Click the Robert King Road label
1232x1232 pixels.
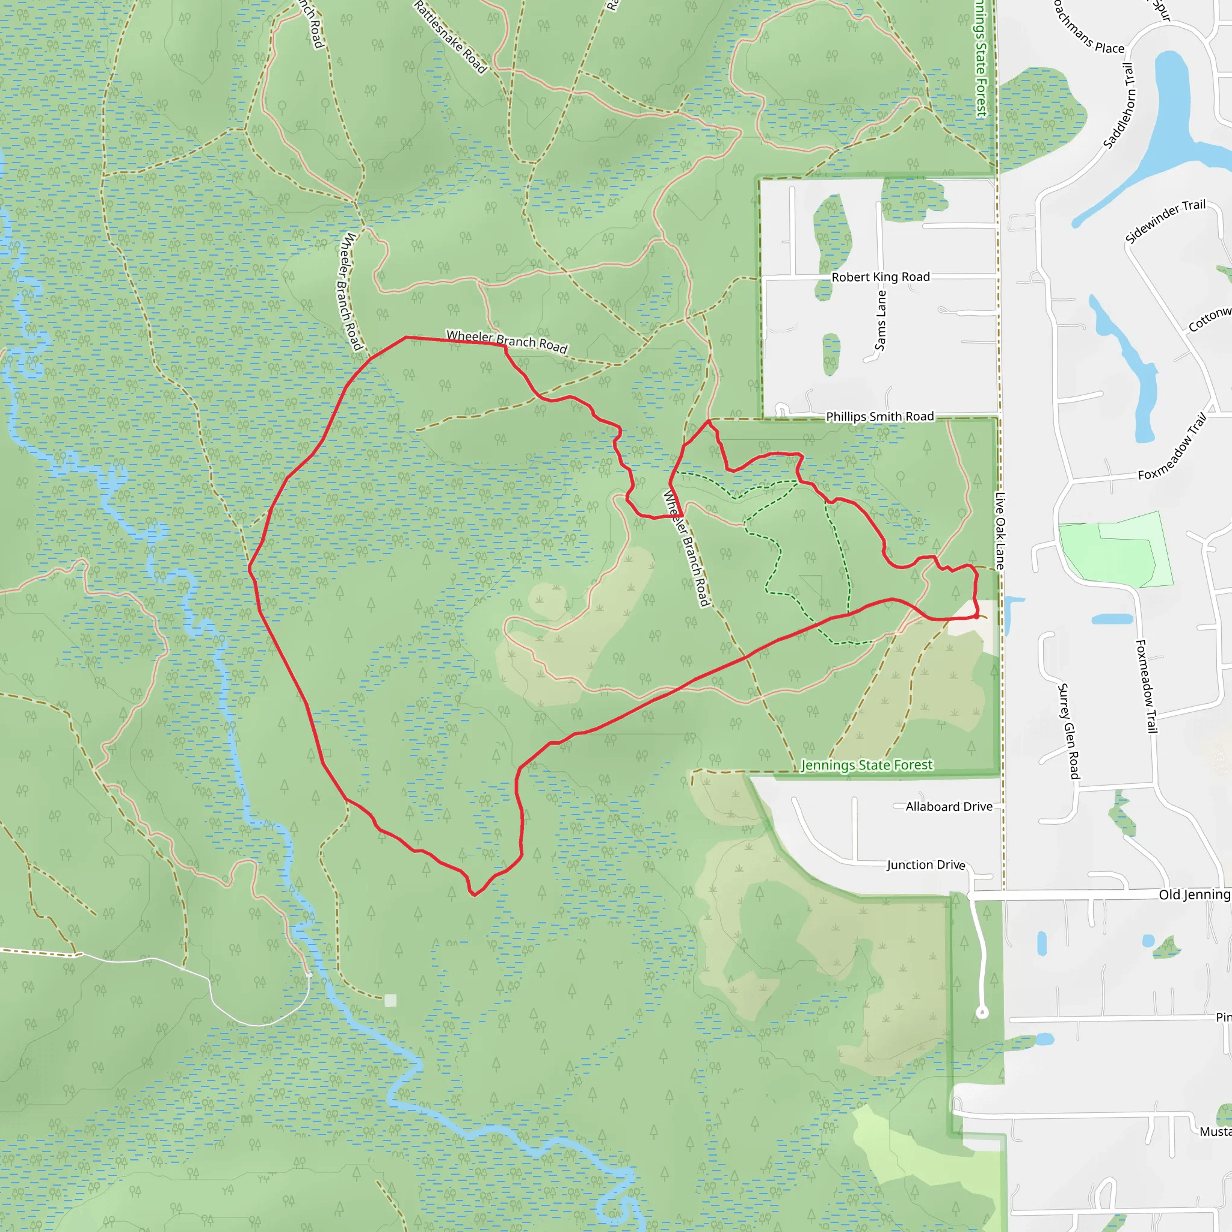point(881,277)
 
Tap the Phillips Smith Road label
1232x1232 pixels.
point(880,416)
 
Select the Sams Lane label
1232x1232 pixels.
point(881,320)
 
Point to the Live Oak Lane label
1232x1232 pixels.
point(1000,531)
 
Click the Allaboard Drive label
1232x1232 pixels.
point(949,807)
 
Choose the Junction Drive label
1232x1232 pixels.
point(926,864)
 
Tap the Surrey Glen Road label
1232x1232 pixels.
point(1069,731)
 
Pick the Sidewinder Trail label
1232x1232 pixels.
point(1165,221)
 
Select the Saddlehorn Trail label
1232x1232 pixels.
point(1120,106)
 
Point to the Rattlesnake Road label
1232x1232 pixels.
point(450,37)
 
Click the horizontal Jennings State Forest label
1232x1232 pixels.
point(867,765)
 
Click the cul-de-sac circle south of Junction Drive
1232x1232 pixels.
point(982,1012)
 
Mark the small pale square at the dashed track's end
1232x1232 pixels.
point(390,1000)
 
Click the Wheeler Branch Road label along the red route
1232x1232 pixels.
point(507,341)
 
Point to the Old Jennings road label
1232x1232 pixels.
point(1193,895)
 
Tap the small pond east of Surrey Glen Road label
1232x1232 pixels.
point(1112,618)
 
